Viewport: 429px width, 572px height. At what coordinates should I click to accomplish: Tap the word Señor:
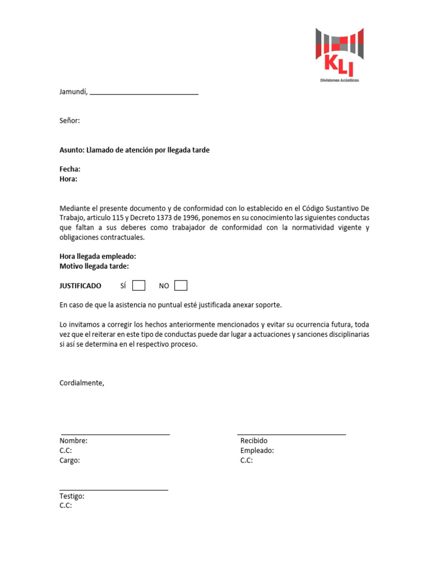click(70, 121)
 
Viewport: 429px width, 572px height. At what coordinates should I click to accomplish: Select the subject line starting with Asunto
click(135, 150)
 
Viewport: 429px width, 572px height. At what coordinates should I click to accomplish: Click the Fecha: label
click(70, 169)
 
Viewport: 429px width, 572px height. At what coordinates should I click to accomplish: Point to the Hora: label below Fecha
click(68, 179)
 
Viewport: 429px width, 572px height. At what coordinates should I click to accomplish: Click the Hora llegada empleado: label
click(98, 256)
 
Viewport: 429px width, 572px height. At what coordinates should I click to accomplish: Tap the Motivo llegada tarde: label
click(94, 266)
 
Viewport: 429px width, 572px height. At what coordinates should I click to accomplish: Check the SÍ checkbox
click(139, 285)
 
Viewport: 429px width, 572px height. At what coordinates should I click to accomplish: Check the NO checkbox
click(180, 285)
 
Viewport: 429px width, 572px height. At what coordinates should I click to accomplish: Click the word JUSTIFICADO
click(80, 286)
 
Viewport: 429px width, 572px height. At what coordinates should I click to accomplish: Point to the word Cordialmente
click(82, 383)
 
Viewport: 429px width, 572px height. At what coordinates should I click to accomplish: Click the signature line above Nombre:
click(115, 434)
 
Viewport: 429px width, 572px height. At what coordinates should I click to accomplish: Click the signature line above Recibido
click(292, 434)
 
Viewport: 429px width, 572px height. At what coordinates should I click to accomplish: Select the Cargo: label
click(70, 461)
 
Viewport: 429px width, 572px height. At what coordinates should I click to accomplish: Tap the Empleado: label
click(257, 451)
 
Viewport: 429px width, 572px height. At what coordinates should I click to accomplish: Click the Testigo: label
click(72, 496)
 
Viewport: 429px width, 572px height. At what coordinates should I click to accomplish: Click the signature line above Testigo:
click(113, 490)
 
